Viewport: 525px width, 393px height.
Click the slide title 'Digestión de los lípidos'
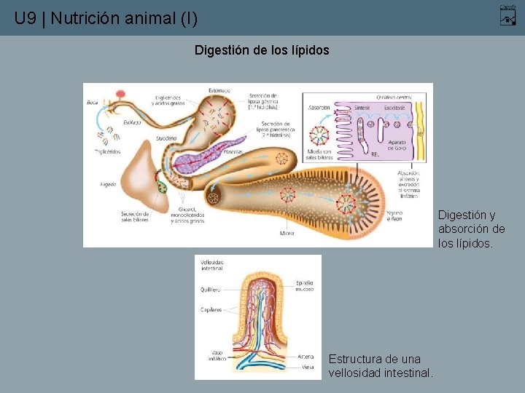tap(262, 51)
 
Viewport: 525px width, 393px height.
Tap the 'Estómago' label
tap(220, 90)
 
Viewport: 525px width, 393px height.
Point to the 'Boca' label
tap(92, 103)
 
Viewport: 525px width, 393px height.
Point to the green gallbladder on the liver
tap(162, 187)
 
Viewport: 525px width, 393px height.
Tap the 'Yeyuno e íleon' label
tap(394, 216)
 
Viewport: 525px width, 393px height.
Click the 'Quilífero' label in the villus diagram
tap(210, 289)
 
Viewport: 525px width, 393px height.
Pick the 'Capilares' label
tap(211, 309)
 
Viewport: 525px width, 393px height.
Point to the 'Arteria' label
tap(306, 357)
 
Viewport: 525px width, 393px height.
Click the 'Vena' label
tap(308, 367)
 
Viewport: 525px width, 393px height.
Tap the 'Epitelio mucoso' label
tap(304, 285)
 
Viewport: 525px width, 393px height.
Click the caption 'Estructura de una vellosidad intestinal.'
tap(381, 366)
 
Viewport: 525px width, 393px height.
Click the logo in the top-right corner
tap(507, 15)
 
